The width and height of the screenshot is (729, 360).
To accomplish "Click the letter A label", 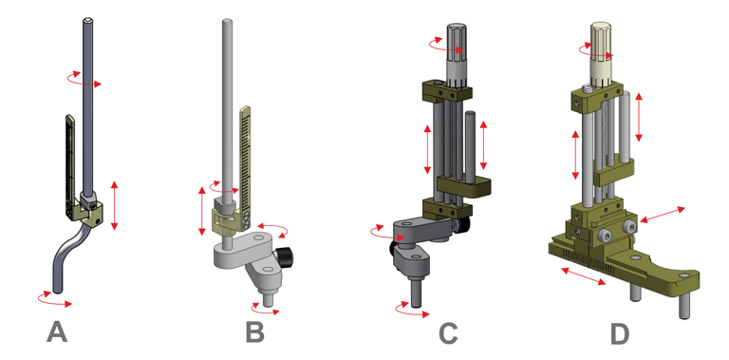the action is [57, 332].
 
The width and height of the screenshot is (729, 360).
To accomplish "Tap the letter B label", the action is [254, 332].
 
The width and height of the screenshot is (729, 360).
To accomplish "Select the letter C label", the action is [448, 333].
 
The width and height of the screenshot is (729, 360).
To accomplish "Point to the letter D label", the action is [620, 333].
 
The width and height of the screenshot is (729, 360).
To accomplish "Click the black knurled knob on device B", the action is [284, 256].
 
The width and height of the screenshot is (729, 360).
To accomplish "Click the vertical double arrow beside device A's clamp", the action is [114, 205].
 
